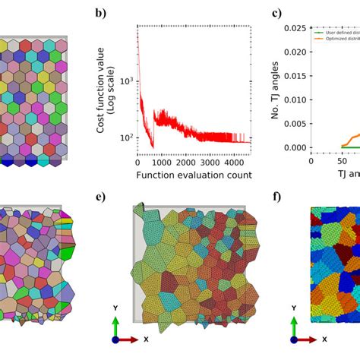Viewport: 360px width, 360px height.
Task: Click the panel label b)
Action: [100, 13]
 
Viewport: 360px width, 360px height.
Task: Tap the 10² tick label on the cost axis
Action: [125, 137]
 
